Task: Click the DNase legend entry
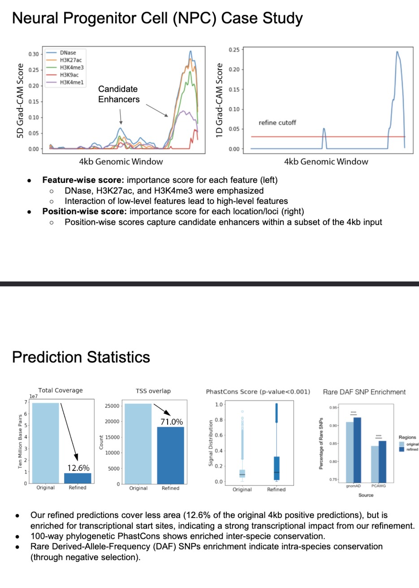[x=68, y=53]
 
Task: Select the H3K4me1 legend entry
[x=72, y=82]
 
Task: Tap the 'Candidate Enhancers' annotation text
[x=119, y=94]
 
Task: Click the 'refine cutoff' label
[x=277, y=123]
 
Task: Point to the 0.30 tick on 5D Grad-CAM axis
[x=34, y=54]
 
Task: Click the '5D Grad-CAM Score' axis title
[x=20, y=100]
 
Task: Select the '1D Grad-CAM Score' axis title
[x=219, y=100]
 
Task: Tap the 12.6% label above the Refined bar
[x=78, y=468]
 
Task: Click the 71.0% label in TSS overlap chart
[x=172, y=422]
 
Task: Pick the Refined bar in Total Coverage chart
[x=78, y=478]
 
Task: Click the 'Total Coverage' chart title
[x=60, y=390]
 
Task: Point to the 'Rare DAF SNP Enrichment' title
[x=364, y=392]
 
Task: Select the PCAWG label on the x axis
[x=378, y=486]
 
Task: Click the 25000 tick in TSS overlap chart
[x=112, y=406]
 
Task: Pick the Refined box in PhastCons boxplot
[x=276, y=468]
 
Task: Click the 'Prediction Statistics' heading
[x=81, y=357]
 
